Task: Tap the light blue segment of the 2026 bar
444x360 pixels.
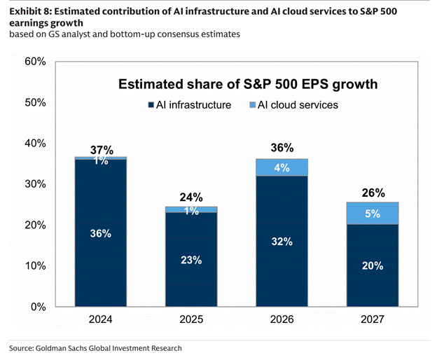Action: point(282,167)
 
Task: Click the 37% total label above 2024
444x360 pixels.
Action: point(101,150)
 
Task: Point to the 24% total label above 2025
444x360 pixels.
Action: point(192,198)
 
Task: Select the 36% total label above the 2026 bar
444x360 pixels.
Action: point(282,148)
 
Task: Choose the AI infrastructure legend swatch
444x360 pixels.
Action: point(151,106)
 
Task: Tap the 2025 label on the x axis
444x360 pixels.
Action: point(192,321)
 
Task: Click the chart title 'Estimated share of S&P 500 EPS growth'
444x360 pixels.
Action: point(248,85)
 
